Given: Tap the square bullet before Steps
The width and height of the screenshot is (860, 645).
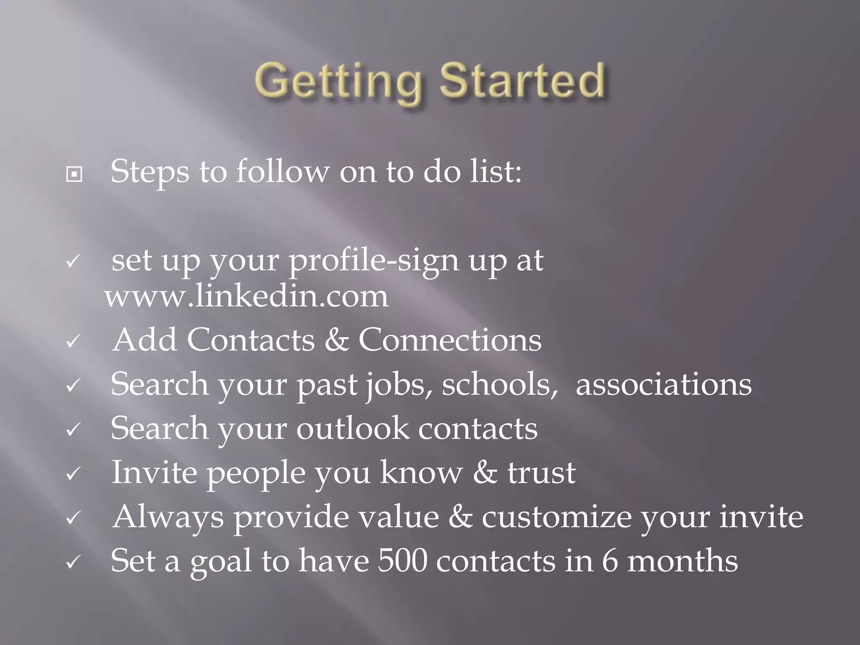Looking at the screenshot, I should (x=74, y=174).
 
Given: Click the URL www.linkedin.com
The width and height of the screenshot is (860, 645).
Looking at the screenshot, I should (x=247, y=296).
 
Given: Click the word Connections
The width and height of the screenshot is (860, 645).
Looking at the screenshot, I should (x=450, y=340).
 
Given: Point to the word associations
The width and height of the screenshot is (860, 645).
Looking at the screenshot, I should (x=663, y=385).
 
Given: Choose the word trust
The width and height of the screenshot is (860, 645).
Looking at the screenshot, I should (x=541, y=472).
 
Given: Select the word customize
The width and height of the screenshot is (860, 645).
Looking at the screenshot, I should (x=556, y=517).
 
